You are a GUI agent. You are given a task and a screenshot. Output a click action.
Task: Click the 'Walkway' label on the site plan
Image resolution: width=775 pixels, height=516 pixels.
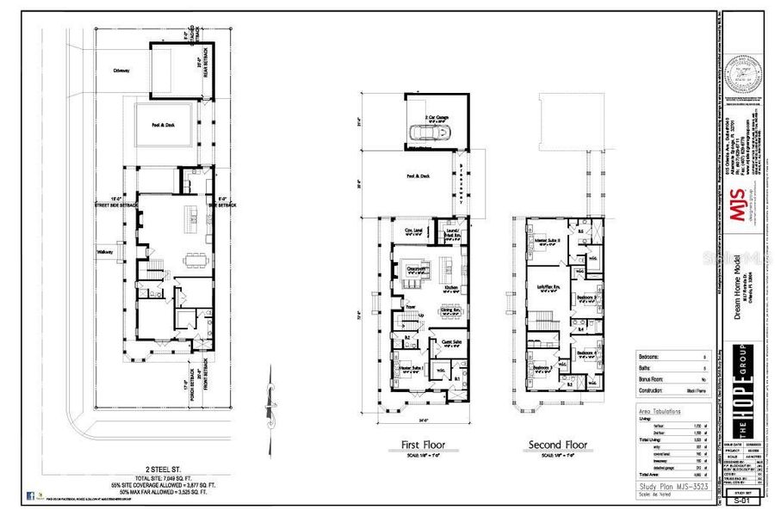(106, 252)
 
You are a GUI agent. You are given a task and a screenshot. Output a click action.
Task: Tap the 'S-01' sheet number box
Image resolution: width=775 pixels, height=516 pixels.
(738, 498)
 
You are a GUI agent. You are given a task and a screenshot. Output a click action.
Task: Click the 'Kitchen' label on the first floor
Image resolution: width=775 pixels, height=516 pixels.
(451, 287)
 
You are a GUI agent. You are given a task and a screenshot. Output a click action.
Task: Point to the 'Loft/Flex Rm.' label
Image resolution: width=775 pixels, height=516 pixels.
(549, 286)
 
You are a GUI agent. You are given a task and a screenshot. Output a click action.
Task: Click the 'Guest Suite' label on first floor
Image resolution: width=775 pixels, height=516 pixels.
(451, 342)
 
